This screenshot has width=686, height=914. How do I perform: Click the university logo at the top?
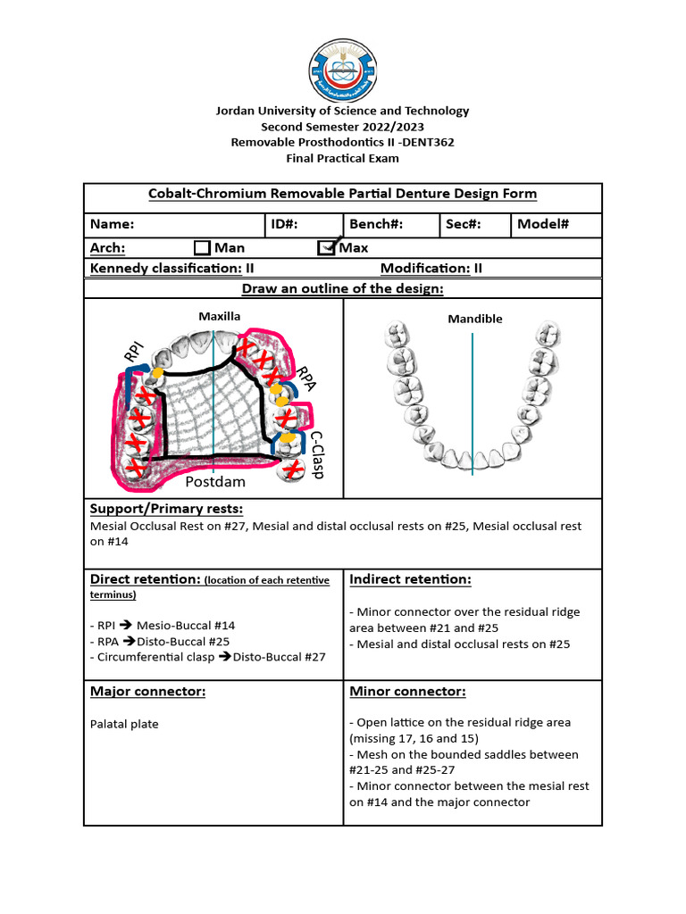343,69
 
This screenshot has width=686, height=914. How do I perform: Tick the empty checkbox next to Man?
202,247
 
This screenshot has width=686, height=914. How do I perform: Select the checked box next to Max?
327,247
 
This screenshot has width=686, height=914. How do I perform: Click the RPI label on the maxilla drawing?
134,353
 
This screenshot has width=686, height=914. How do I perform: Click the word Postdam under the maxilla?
214,482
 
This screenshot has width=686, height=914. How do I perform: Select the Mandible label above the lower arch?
475,319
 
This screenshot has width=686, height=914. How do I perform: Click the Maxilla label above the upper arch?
220,316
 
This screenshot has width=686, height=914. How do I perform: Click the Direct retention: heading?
145,579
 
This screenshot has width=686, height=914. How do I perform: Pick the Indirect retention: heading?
410,579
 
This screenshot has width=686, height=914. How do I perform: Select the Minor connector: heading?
407,692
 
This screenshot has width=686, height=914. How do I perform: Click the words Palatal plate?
124,724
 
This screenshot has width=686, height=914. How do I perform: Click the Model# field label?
543,224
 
